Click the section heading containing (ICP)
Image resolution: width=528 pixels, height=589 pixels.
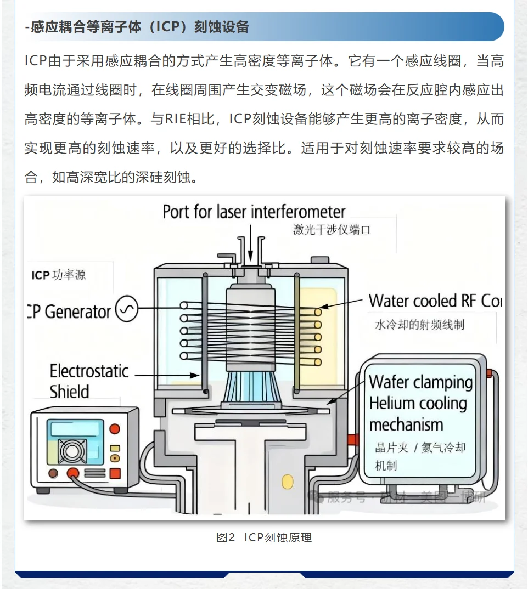(x=137, y=27)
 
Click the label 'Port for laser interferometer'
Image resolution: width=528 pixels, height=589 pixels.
(x=254, y=212)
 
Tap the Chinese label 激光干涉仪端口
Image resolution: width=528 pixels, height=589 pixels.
(x=332, y=230)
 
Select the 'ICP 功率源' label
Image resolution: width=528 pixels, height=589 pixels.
(x=59, y=275)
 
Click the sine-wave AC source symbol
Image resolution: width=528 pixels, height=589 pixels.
(x=127, y=311)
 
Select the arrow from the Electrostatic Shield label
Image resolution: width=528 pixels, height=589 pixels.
(x=167, y=376)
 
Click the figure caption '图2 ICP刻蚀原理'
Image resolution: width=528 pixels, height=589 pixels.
(x=264, y=537)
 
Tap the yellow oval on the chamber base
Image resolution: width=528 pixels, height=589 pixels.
(x=288, y=482)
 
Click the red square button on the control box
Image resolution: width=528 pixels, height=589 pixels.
(x=115, y=473)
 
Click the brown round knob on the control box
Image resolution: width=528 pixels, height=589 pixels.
(x=53, y=473)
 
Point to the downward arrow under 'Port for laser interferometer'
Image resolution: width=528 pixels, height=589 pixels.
(x=250, y=241)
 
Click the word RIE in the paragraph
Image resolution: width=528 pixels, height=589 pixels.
(x=176, y=119)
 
